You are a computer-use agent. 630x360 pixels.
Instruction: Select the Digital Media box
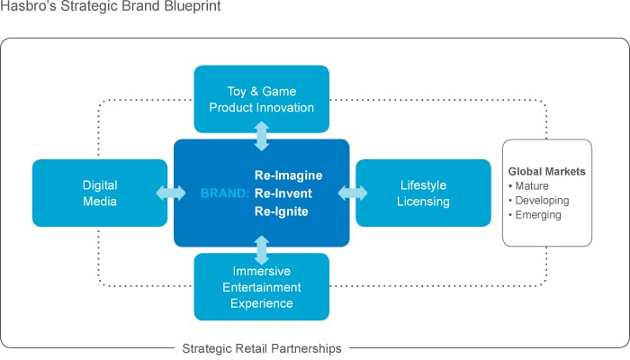coord(99,193)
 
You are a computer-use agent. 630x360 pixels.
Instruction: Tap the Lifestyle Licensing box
coord(424,193)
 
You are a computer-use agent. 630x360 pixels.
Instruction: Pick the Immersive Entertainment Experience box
coord(261,287)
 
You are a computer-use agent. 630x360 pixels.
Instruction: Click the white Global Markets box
coord(546,193)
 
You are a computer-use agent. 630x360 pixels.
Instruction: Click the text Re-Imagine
coord(288,175)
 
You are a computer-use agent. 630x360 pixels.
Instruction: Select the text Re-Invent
coord(283,193)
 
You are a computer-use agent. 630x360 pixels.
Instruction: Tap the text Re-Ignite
coord(282,212)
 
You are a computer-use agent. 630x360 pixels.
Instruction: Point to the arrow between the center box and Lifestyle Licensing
coord(353,193)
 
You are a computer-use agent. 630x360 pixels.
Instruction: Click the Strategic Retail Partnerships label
coord(262,347)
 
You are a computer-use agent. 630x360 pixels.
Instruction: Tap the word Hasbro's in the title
coord(28,8)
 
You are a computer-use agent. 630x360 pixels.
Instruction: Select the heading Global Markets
coord(547,171)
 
